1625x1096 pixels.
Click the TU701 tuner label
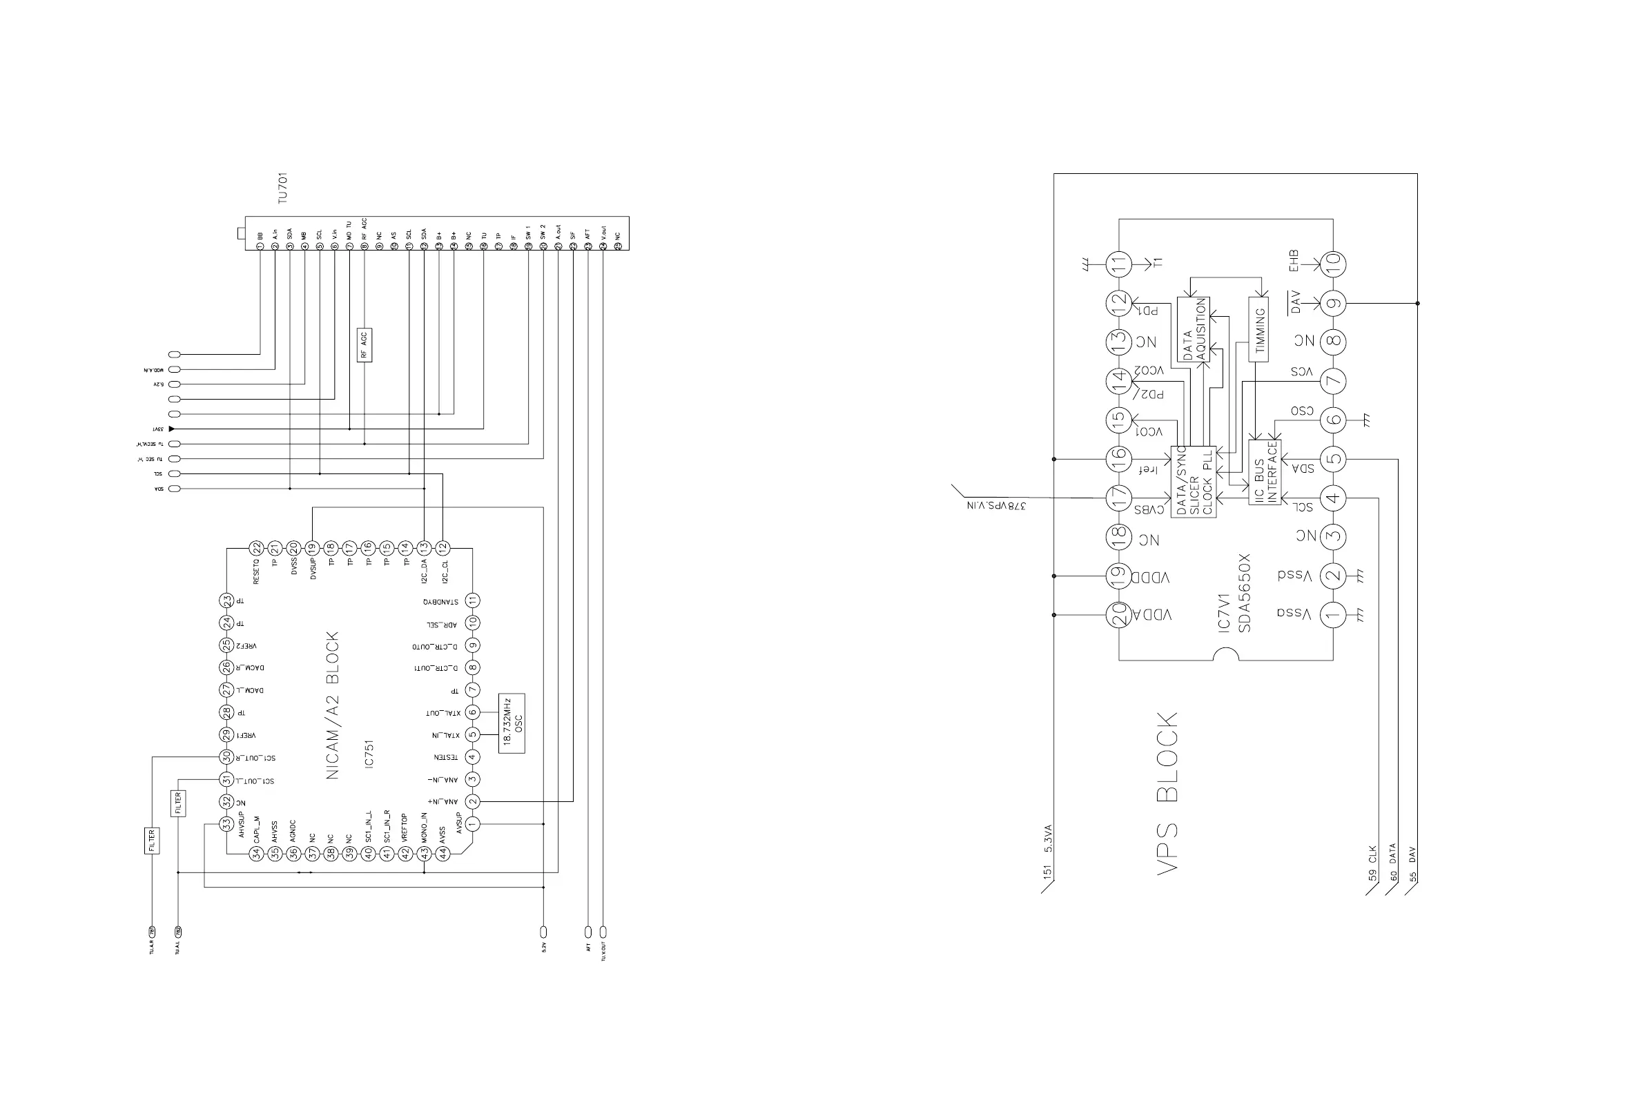pyautogui.click(x=282, y=188)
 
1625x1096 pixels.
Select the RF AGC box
pyautogui.click(x=364, y=344)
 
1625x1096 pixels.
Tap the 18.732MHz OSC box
pyautogui.click(x=512, y=723)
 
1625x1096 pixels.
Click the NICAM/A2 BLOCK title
pyautogui.click(x=333, y=705)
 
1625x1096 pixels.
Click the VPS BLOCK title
pyautogui.click(x=1168, y=792)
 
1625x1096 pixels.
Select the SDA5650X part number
pyautogui.click(x=1244, y=593)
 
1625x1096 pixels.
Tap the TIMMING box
pyautogui.click(x=1258, y=330)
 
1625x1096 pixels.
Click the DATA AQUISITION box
pyautogui.click(x=1194, y=329)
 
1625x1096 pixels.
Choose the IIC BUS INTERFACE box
pyautogui.click(x=1265, y=473)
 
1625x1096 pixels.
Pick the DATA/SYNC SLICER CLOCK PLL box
pyautogui.click(x=1194, y=482)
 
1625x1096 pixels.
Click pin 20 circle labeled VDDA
pyautogui.click(x=1118, y=614)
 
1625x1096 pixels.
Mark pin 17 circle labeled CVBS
pyautogui.click(x=1118, y=498)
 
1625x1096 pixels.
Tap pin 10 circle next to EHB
pyautogui.click(x=1333, y=264)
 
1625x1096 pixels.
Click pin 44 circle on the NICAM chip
pyautogui.click(x=442, y=854)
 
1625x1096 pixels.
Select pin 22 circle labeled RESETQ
pyautogui.click(x=257, y=548)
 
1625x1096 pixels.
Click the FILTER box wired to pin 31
pyautogui.click(x=178, y=803)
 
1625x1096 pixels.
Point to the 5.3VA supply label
pyautogui.click(x=1048, y=839)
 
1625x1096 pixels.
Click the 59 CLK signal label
pyautogui.click(x=1372, y=863)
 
